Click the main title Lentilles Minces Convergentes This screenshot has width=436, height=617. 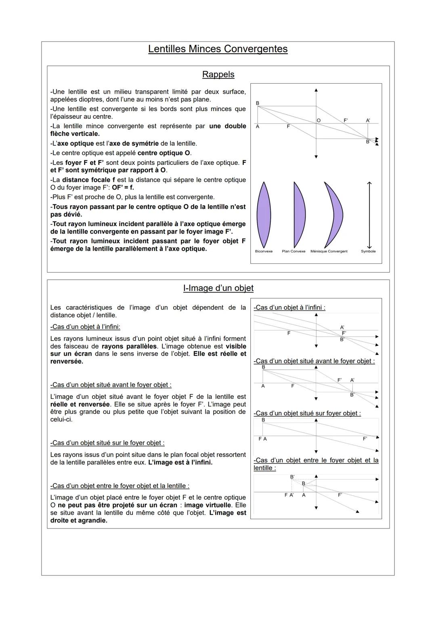218,49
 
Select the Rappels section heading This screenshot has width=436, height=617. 218,74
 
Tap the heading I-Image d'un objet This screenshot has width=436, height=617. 218,288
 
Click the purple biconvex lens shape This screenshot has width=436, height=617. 264,215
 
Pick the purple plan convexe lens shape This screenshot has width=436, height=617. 299,215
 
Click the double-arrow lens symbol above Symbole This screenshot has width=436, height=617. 369,215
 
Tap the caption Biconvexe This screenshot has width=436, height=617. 264,251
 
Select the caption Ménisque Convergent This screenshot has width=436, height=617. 329,251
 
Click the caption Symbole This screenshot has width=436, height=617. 368,251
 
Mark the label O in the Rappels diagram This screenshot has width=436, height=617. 319,120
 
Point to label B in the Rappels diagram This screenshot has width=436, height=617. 258,103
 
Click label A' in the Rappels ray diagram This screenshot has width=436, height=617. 368,120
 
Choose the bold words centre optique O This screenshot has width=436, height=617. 164,153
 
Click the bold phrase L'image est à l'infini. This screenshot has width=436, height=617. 180,462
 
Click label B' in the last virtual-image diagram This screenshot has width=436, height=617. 292,477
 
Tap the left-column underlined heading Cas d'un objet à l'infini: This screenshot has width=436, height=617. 85,326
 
